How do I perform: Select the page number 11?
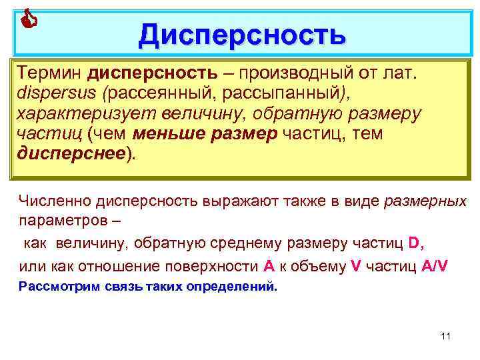[446, 335]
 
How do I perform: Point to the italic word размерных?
[425, 201]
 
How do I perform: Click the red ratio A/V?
[435, 265]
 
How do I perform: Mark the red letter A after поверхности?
[269, 265]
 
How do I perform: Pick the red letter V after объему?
[355, 265]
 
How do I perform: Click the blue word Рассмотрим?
[59, 287]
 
